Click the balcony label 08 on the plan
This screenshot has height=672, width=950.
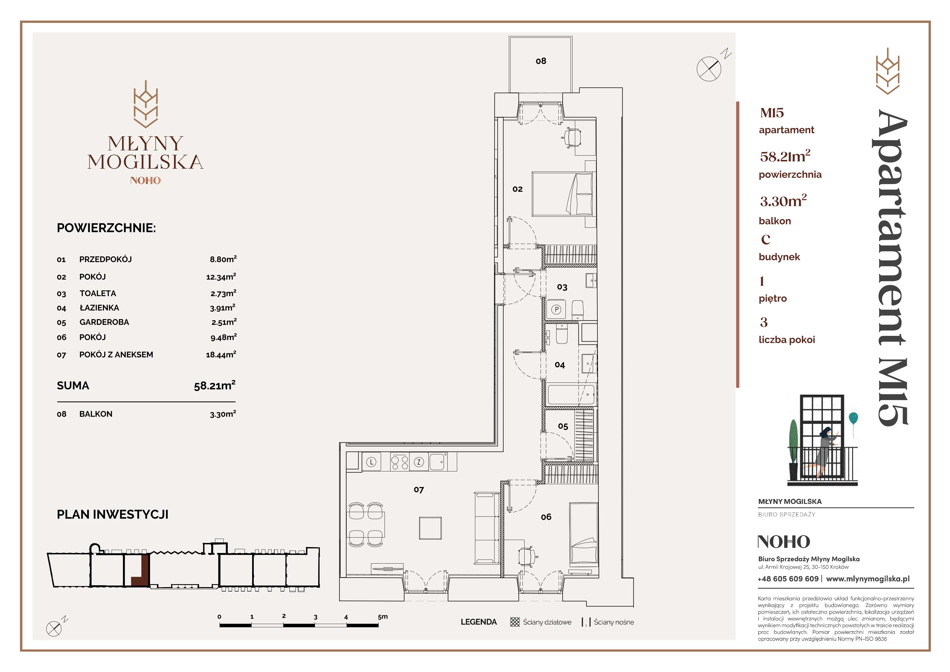point(541,61)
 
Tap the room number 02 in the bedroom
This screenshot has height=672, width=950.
point(517,189)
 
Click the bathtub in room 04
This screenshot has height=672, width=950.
point(571,395)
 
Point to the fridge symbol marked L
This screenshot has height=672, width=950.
point(371,462)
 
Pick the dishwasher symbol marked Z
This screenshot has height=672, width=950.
point(419,462)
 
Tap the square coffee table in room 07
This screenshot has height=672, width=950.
point(430,528)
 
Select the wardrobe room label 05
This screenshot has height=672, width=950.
point(563,426)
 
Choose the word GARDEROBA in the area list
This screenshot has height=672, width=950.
point(104,322)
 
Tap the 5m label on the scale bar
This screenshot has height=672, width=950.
point(383,616)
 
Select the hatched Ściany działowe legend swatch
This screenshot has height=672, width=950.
point(515,622)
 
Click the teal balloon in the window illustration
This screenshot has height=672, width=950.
point(853,418)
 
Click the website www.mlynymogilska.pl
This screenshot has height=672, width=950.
point(868,579)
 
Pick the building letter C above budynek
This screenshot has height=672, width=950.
point(766,239)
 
